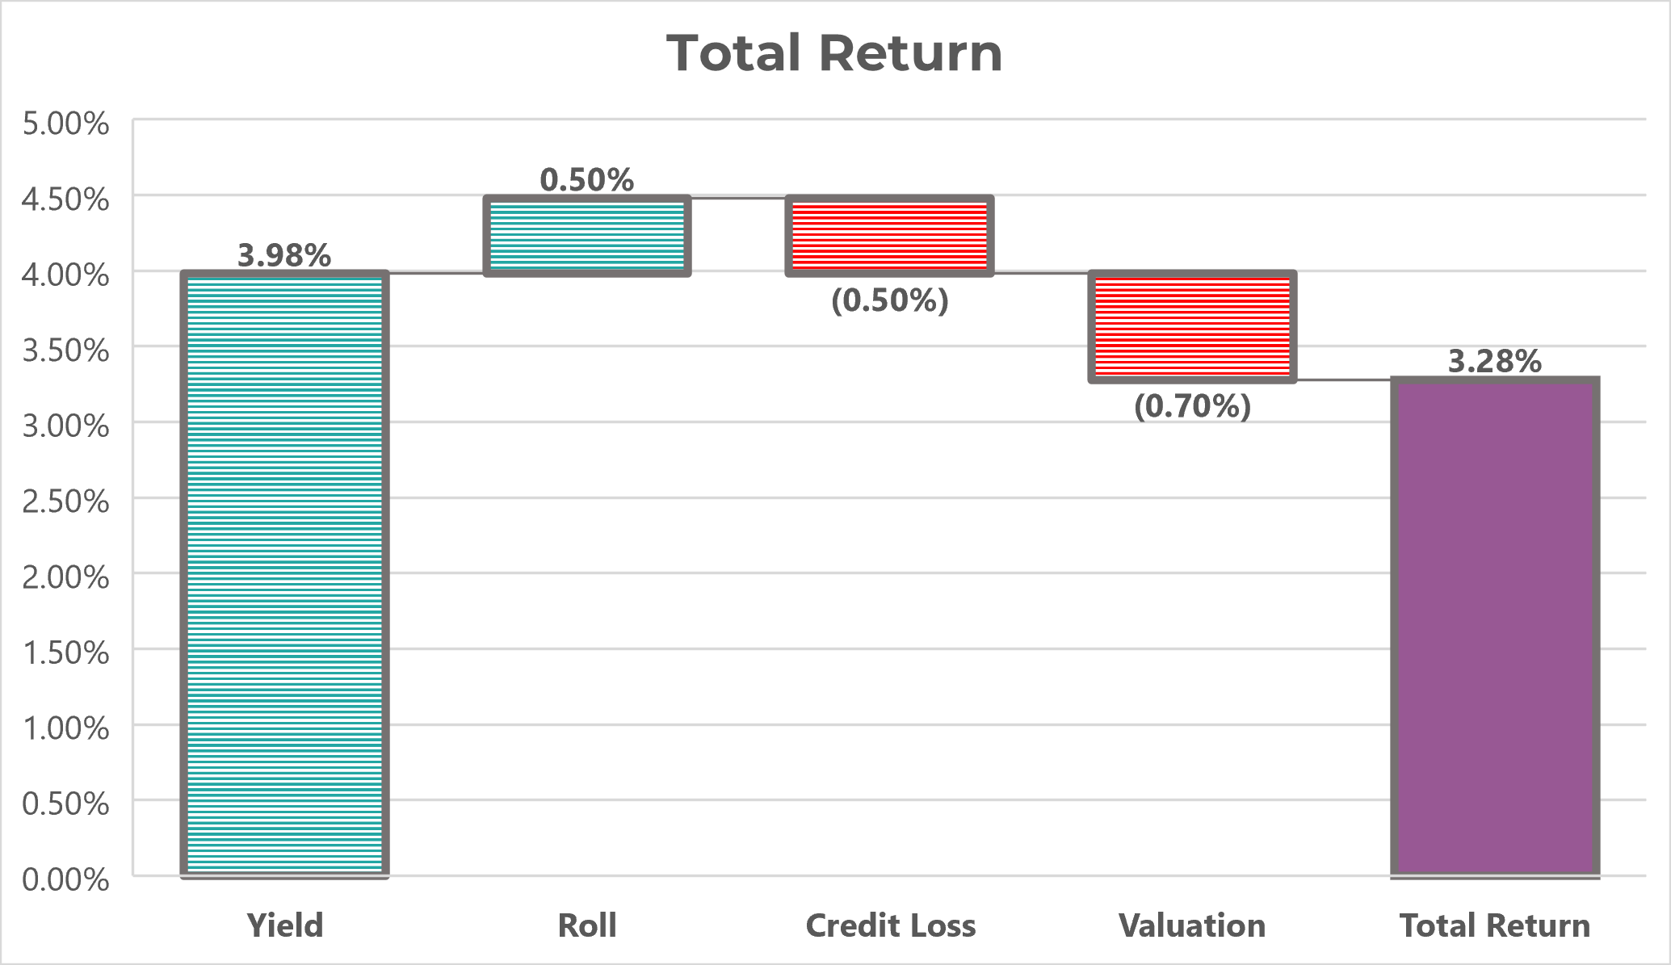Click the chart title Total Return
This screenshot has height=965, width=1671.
click(834, 53)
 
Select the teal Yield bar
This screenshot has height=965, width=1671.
click(284, 573)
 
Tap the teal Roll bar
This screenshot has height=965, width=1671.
click(587, 235)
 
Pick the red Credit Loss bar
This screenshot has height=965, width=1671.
click(889, 235)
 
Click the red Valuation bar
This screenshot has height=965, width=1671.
click(1192, 326)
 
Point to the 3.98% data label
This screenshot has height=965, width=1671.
click(284, 255)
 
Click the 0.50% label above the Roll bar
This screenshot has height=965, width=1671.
click(587, 179)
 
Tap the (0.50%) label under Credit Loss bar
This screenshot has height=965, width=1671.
click(889, 300)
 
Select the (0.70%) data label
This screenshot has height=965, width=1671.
click(1192, 405)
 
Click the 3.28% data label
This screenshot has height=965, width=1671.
click(1495, 360)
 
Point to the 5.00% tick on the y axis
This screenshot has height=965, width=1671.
click(65, 124)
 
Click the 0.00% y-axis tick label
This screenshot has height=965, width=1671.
click(65, 879)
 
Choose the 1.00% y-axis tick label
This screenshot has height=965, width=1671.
click(65, 728)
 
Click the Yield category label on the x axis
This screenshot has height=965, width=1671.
click(284, 925)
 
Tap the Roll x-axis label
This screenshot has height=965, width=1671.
click(587, 925)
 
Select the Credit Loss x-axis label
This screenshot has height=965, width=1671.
click(890, 925)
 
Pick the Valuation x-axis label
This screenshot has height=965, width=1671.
click(1192, 925)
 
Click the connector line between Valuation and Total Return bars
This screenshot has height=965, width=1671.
click(1344, 380)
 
